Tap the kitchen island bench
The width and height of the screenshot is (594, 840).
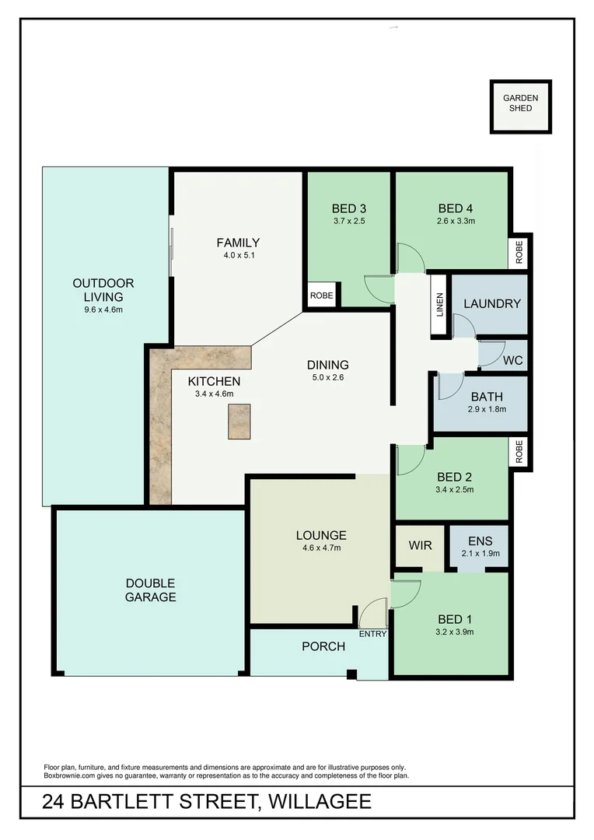239,422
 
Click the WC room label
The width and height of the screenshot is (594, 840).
512,361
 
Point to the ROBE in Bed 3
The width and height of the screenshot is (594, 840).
320,296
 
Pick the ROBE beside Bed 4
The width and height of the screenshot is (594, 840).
520,250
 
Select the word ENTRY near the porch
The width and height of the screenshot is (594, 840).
372,634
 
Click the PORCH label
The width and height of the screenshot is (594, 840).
323,646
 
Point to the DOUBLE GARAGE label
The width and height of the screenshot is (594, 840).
151,590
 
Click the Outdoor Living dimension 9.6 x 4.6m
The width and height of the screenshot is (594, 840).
103,310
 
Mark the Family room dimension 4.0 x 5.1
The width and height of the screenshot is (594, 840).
238,254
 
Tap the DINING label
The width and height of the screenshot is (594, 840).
327,365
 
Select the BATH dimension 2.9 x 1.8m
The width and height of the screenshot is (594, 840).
486,409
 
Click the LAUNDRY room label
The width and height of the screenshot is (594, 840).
491,303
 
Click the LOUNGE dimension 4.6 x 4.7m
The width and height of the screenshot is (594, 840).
320,548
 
